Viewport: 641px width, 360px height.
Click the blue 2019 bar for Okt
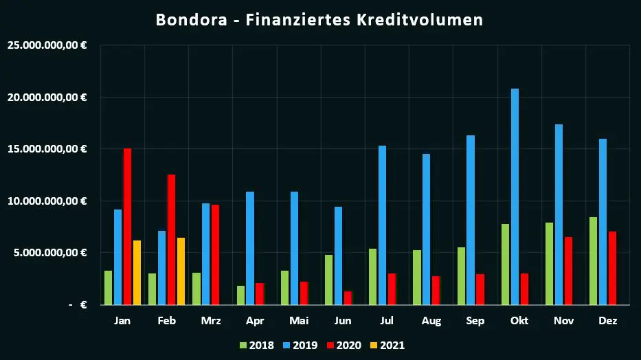[515, 196]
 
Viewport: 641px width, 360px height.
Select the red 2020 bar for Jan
[127, 227]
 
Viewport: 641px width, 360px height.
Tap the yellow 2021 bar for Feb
[181, 271]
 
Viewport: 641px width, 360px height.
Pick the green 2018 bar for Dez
[593, 261]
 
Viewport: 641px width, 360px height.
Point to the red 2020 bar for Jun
[348, 298]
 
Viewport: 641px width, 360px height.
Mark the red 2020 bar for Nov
[568, 271]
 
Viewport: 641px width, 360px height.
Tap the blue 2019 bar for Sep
[471, 220]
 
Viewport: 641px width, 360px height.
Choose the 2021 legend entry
[387, 346]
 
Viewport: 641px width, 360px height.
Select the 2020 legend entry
[344, 346]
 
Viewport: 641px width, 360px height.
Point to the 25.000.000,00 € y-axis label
[47, 45]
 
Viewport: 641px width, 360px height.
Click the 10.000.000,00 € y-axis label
[47, 201]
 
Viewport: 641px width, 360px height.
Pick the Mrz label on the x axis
[211, 321]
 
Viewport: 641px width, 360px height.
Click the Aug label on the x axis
[431, 321]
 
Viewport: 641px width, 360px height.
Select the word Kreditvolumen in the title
[420, 19]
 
